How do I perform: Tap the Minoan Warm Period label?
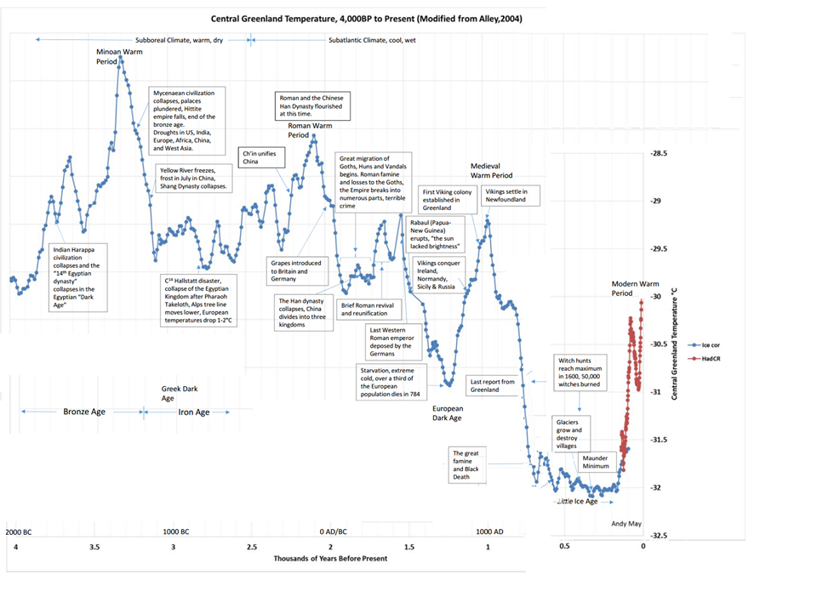pos(118,57)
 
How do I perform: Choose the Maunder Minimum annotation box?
pos(595,463)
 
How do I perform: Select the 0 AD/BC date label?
pos(333,532)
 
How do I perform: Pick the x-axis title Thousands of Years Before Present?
pos(330,559)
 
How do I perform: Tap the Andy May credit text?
pos(626,524)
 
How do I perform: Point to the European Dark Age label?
pos(442,413)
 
